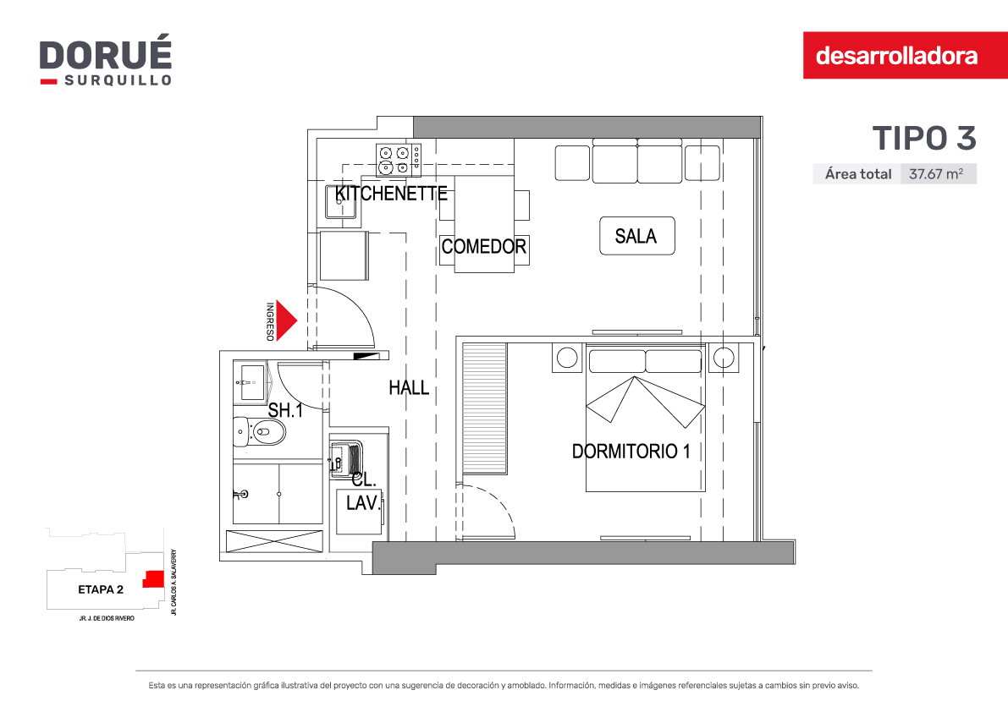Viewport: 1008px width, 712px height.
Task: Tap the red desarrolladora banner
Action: [905, 55]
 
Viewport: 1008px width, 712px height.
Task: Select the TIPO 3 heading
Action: [923, 138]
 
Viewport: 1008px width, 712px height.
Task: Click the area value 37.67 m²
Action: [936, 174]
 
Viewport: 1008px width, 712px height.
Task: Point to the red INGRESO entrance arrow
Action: [286, 320]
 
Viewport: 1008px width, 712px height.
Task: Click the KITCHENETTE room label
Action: [391, 194]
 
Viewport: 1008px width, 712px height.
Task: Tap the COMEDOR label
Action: [483, 246]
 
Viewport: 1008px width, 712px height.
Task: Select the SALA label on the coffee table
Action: [636, 236]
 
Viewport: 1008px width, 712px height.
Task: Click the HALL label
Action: [409, 388]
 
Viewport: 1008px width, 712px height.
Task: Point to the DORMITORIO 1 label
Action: [631, 452]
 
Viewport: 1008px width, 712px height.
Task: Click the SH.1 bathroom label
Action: [285, 410]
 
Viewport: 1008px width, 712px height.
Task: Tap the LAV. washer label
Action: [363, 502]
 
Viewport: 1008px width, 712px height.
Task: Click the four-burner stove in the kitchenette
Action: [399, 160]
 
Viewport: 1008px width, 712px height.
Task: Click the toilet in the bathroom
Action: [259, 431]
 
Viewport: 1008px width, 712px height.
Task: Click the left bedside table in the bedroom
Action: [567, 358]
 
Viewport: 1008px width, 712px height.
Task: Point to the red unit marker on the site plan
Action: [152, 578]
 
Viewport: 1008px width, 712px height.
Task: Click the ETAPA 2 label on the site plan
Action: [100, 589]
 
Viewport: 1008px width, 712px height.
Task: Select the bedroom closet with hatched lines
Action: [484, 408]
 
